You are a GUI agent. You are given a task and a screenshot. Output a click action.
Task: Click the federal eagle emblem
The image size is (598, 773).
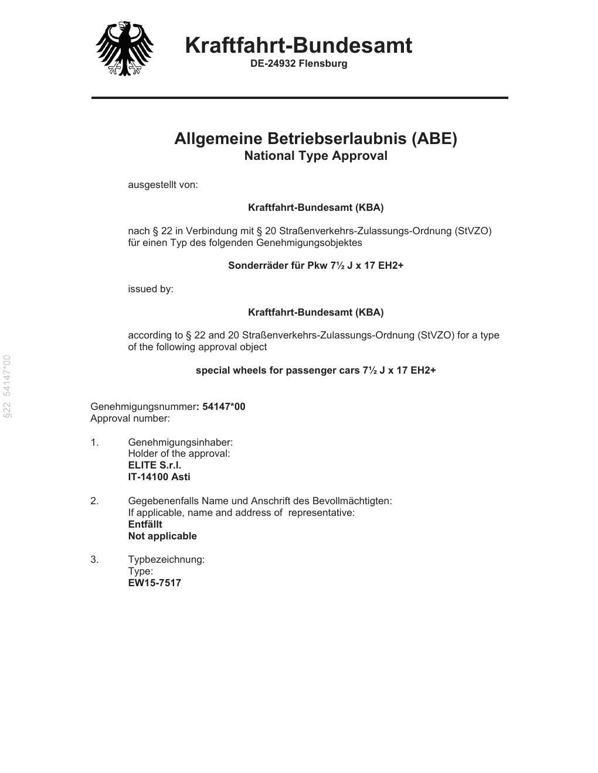coord(124,49)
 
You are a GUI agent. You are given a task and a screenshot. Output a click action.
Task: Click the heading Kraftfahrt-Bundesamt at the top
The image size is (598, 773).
coord(298,45)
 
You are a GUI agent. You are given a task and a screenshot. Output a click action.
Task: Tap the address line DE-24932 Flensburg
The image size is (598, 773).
coord(298,63)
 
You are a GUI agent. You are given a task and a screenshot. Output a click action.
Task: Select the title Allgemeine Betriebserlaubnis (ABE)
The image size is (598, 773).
coord(315,139)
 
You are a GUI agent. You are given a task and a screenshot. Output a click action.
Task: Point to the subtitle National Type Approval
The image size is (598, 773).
coord(315,156)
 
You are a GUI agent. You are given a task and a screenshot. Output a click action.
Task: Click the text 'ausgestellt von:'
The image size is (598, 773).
coord(163,185)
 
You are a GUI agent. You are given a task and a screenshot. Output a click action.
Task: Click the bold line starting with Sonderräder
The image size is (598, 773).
coord(315,265)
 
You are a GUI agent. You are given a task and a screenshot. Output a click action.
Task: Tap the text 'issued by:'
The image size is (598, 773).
coord(151,289)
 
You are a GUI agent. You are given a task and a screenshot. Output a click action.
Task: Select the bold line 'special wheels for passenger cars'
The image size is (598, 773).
coord(315,370)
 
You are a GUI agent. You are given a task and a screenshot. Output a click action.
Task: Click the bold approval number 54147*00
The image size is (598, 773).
coord(223,406)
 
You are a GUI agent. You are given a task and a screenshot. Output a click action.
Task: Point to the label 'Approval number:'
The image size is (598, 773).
coord(130,418)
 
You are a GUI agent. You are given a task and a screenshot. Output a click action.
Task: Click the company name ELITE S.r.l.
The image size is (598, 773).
coord(155,465)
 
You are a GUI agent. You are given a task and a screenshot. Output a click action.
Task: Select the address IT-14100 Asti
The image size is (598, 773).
coord(159,477)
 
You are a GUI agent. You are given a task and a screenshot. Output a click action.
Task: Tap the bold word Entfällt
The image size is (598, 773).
coord(145,524)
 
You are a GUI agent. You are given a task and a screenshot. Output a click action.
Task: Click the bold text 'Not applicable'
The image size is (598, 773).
coord(162,536)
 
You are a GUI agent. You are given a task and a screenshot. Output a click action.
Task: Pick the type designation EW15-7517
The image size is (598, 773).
coord(154,583)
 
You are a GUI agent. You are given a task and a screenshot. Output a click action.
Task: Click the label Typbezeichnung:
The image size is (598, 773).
coord(167,559)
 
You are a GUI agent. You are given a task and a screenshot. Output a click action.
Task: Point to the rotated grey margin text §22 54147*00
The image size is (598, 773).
coord(7,386)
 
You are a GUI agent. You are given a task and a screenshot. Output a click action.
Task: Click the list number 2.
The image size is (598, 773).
coord(94,501)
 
